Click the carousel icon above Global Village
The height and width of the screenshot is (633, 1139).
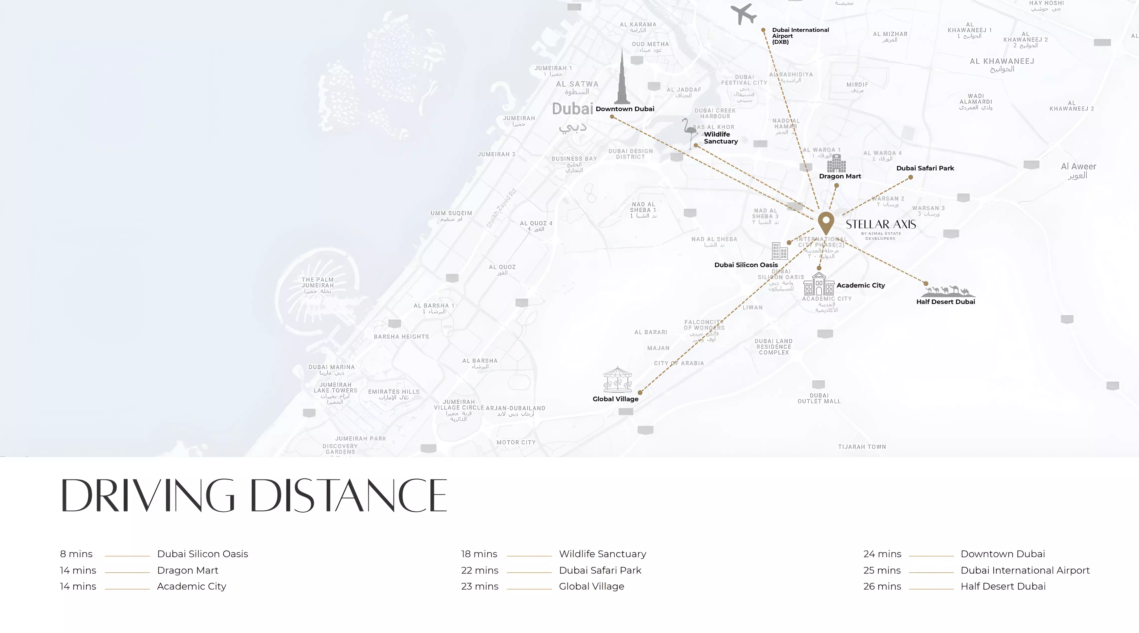click(x=617, y=379)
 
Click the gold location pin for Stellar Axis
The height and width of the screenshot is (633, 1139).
click(x=826, y=222)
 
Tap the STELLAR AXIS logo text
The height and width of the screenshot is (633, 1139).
click(x=881, y=225)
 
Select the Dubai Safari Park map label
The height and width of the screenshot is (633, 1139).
click(x=925, y=168)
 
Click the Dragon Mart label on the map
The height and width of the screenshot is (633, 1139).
click(x=840, y=176)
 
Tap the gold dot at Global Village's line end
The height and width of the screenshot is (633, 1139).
click(x=640, y=392)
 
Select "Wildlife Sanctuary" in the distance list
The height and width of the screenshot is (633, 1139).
click(x=602, y=554)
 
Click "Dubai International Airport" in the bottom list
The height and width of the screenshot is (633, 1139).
click(x=1025, y=570)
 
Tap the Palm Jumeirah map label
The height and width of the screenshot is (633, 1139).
click(x=317, y=285)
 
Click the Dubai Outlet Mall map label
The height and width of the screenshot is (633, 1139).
click(x=819, y=398)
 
